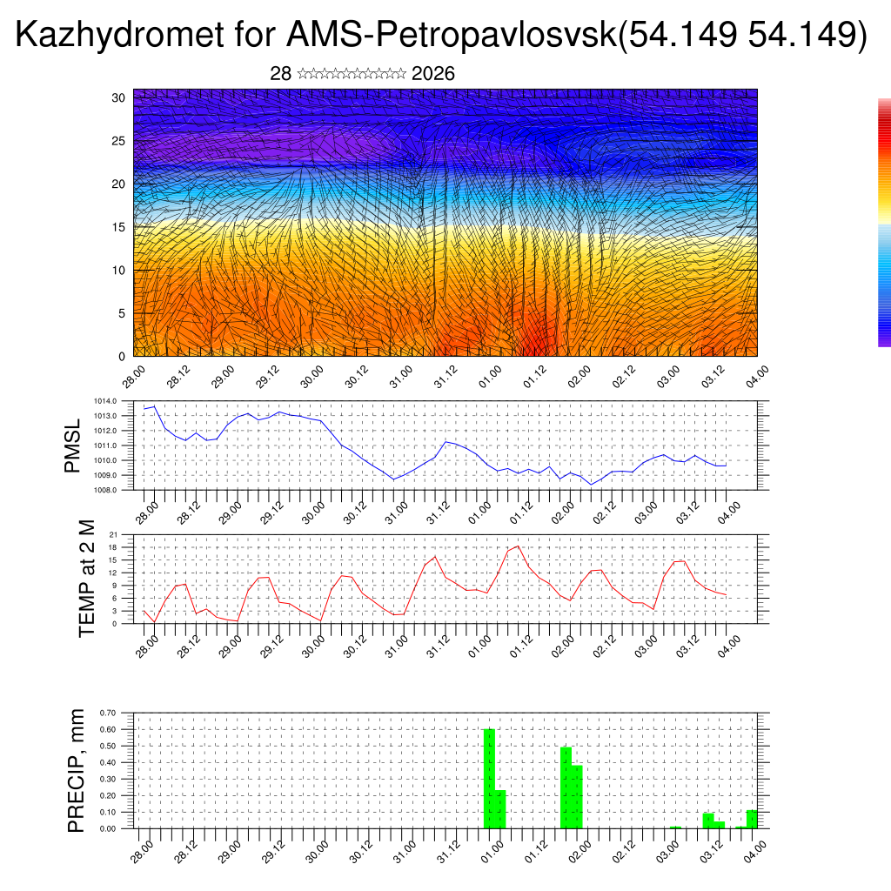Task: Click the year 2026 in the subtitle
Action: click(433, 74)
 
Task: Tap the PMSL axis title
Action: click(72, 445)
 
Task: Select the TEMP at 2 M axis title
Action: click(87, 579)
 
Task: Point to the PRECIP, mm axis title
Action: click(77, 769)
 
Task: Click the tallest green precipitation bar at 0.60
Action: click(489, 778)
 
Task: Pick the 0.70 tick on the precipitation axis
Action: click(107, 713)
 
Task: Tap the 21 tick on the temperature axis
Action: click(113, 534)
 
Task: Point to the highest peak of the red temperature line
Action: click(519, 546)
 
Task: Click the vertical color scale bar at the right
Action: click(884, 222)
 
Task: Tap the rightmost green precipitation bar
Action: click(752, 819)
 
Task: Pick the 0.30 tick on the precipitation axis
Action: click(107, 779)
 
